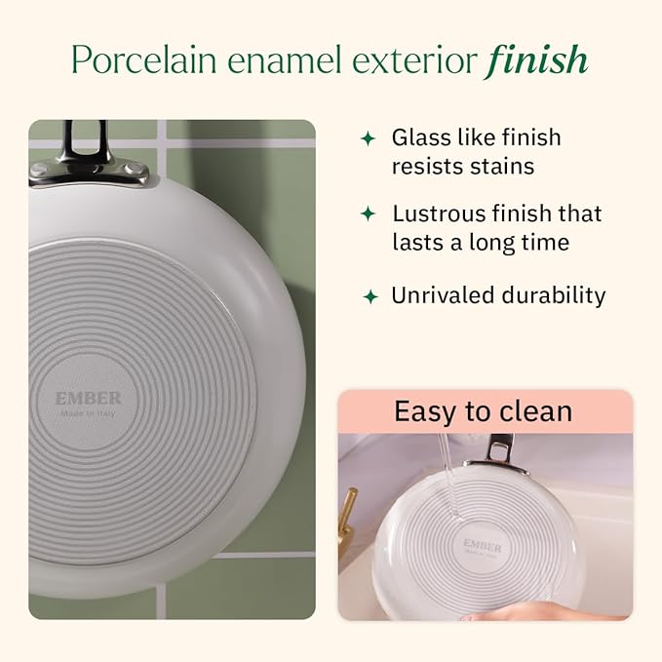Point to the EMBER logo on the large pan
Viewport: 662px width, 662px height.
point(89,399)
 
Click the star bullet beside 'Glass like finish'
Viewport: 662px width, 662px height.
point(368,138)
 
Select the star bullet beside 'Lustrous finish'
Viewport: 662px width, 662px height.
point(368,214)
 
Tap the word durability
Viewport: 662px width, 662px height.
point(551,295)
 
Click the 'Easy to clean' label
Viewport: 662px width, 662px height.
point(483,410)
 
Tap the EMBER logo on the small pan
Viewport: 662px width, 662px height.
point(482,545)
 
